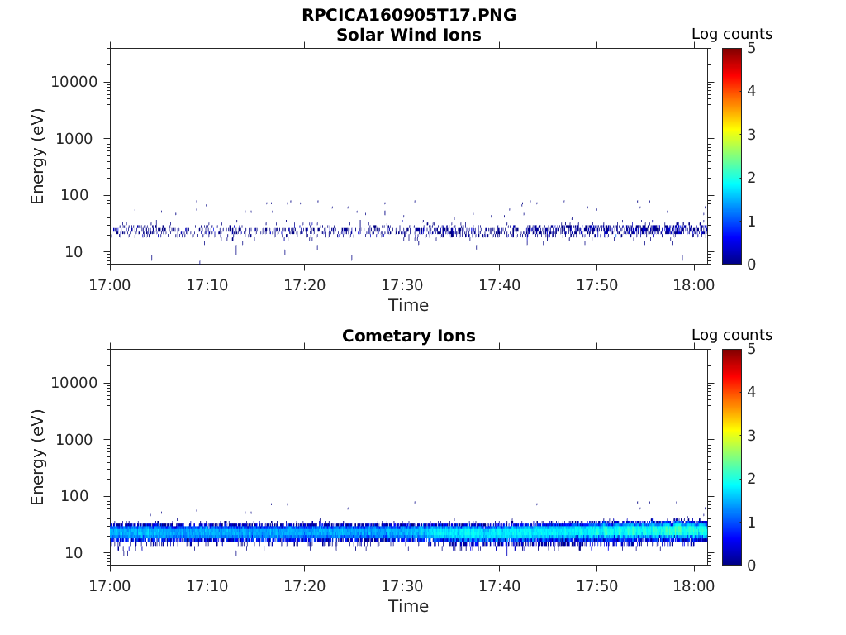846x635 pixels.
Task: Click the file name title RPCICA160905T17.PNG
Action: (408, 15)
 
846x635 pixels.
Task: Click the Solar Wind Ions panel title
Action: (408, 35)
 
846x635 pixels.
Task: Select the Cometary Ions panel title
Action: (408, 336)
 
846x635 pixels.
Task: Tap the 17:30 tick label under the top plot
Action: (402, 284)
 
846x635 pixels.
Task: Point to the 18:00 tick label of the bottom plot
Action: (694, 586)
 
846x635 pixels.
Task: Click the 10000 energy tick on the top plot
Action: (74, 82)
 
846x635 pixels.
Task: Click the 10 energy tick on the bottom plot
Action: (74, 553)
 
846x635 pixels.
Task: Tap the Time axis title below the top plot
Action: (408, 305)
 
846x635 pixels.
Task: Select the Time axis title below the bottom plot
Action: (408, 606)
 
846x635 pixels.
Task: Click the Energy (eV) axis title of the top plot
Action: (37, 156)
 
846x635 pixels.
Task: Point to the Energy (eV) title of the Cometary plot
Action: (37, 457)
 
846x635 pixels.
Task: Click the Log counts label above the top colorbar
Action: (732, 34)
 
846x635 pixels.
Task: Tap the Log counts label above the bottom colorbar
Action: (732, 335)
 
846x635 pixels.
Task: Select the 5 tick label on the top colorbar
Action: (752, 49)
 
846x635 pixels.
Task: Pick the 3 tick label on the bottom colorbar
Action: (752, 435)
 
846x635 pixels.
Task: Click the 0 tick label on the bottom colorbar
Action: (752, 566)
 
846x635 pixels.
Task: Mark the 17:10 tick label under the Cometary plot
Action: (207, 586)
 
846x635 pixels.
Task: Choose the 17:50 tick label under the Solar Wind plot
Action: (596, 284)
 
